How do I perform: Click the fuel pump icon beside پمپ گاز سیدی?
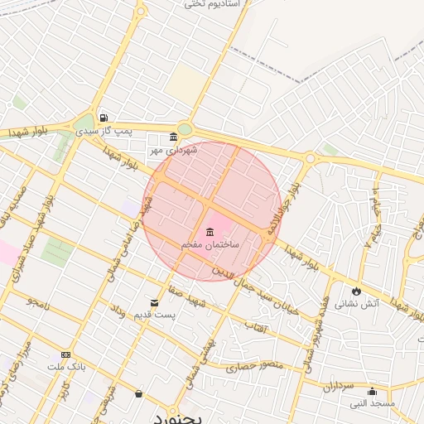pyautogui.click(x=104, y=118)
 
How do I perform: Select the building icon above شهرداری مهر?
pyautogui.click(x=172, y=137)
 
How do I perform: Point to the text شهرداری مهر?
pyautogui.click(x=171, y=151)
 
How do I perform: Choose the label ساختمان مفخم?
pyautogui.click(x=210, y=246)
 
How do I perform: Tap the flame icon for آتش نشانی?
pyautogui.click(x=356, y=291)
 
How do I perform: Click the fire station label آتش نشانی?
pyautogui.click(x=356, y=304)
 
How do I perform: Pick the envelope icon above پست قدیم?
pyautogui.click(x=154, y=303)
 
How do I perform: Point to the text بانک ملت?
pyautogui.click(x=66, y=367)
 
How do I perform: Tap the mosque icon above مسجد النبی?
pyautogui.click(x=371, y=391)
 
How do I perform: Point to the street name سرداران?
pyautogui.click(x=338, y=386)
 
